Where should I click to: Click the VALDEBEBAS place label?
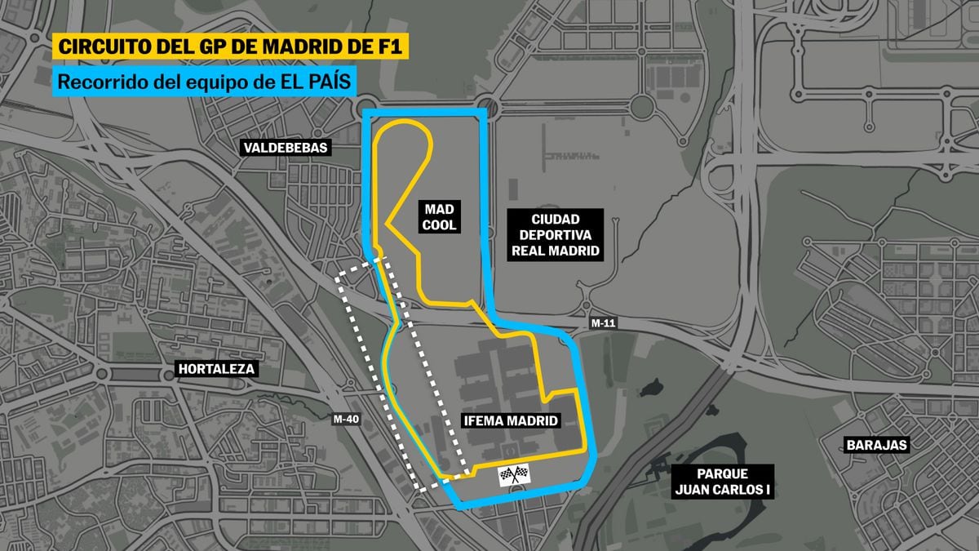click(x=285, y=148)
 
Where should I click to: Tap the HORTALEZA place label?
click(x=216, y=369)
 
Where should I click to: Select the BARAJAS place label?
click(x=876, y=445)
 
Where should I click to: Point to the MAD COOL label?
click(x=439, y=216)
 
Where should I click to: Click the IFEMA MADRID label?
click(x=511, y=421)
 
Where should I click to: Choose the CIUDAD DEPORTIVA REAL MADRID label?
click(x=555, y=235)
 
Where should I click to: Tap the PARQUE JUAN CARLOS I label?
click(x=723, y=482)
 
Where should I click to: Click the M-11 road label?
click(x=603, y=323)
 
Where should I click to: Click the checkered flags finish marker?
click(x=514, y=474)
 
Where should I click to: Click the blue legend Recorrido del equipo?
click(x=204, y=81)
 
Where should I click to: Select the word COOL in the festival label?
click(x=439, y=225)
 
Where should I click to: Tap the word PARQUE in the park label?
click(x=723, y=473)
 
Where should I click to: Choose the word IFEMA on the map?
click(x=482, y=421)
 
